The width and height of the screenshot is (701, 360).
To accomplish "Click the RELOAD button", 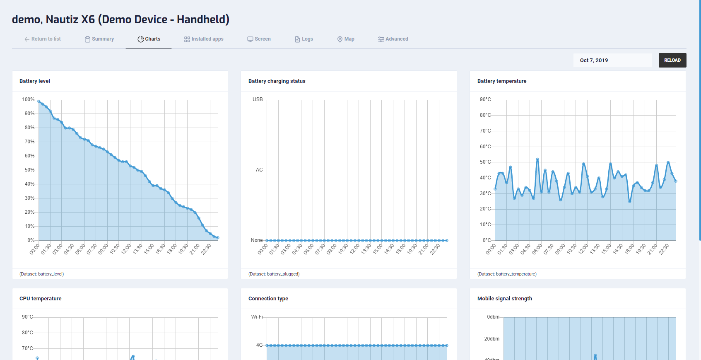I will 672,60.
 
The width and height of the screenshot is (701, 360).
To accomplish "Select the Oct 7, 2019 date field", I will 612,60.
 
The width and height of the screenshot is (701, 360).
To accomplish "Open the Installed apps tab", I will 204,39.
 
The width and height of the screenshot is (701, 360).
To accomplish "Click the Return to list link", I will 43,39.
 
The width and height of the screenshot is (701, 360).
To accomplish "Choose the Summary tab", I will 99,39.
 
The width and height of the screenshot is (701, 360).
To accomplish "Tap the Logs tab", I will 304,39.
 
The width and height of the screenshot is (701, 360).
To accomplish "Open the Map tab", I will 346,39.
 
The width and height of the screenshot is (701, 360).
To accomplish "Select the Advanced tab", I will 393,39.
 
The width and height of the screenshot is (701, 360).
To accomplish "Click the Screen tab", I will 259,39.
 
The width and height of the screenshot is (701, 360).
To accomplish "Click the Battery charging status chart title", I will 277,81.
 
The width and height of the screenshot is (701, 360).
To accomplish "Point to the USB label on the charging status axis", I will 258,99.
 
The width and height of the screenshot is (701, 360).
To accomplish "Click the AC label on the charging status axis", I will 259,170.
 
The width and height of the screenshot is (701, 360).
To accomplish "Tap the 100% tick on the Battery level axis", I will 28,99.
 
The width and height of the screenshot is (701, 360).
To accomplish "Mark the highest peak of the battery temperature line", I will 537,159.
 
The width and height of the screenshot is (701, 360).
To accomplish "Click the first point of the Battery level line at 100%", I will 39,101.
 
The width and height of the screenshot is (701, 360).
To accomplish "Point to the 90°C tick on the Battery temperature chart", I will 485,99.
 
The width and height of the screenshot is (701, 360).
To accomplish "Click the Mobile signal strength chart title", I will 504,299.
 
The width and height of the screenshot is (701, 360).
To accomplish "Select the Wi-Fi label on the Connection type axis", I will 257,317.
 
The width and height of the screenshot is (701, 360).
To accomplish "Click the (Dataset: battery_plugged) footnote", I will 274,274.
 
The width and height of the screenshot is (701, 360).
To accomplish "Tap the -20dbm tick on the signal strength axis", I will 491,339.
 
